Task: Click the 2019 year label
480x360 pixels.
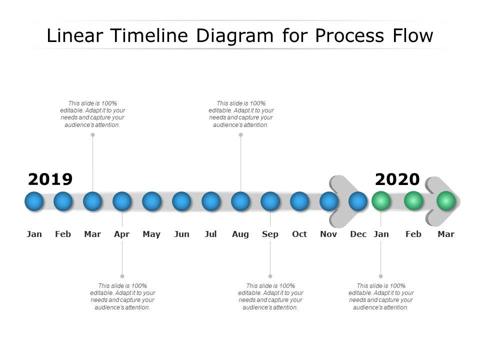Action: tap(50, 179)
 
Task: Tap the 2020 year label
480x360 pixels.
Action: tap(397, 179)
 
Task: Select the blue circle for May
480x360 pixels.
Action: tap(151, 201)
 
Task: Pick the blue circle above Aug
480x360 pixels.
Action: tap(240, 201)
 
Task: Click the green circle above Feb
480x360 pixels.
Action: tap(413, 201)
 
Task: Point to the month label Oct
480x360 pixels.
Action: tap(299, 234)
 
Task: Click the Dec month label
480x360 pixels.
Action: tap(358, 234)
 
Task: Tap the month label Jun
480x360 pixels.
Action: tap(181, 234)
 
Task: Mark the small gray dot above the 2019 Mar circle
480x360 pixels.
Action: tap(92, 134)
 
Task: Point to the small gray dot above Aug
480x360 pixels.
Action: tap(240, 134)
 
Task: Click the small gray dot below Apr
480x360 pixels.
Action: tap(122, 276)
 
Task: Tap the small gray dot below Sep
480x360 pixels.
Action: tap(270, 276)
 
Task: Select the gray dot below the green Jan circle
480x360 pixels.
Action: tap(380, 276)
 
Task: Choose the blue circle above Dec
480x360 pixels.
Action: tap(358, 201)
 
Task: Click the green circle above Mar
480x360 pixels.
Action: tap(445, 201)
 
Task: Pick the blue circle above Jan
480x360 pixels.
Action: tap(34, 201)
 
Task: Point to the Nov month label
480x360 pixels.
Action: tap(328, 234)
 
